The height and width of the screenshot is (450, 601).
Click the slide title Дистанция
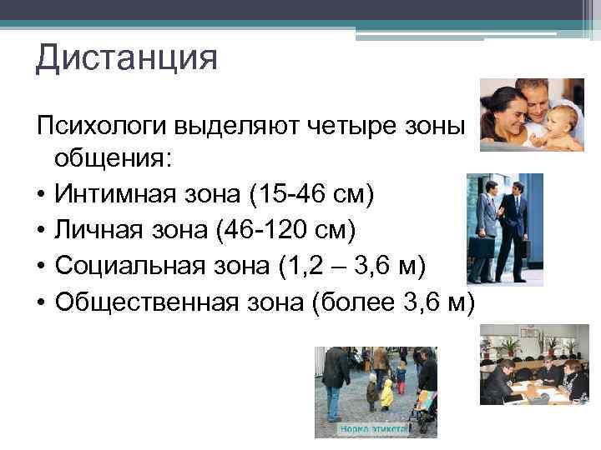tap(126, 59)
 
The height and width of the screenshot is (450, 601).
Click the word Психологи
tap(100, 127)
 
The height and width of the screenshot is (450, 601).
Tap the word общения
tap(109, 161)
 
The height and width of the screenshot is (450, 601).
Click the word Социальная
tap(130, 264)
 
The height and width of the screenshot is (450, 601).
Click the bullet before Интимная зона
tap(40, 196)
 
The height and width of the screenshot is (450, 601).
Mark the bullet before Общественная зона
tap(40, 299)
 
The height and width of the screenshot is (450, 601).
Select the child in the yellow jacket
tap(386, 392)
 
